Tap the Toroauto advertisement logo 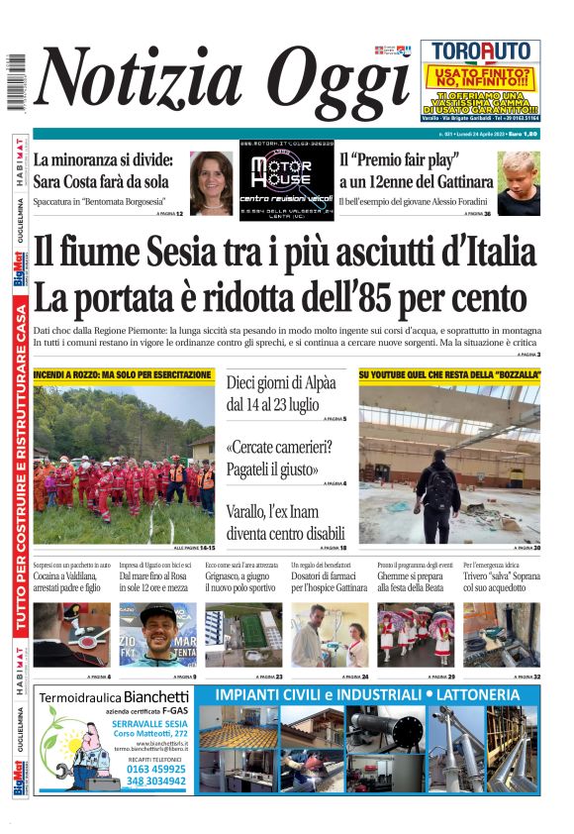point(479,52)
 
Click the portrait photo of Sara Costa point(211,183)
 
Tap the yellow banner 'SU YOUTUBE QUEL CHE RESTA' point(450,375)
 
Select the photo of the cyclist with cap point(157,635)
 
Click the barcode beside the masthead point(15,84)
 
